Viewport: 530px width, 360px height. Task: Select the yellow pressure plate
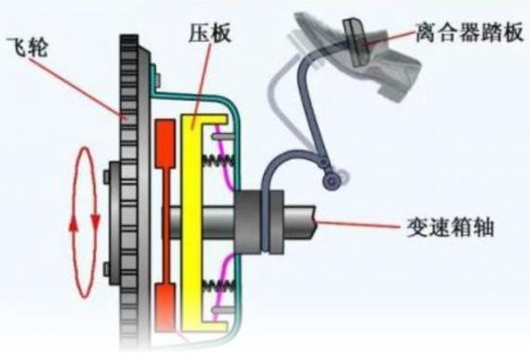point(195,223)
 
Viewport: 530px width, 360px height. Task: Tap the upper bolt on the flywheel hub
point(110,174)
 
